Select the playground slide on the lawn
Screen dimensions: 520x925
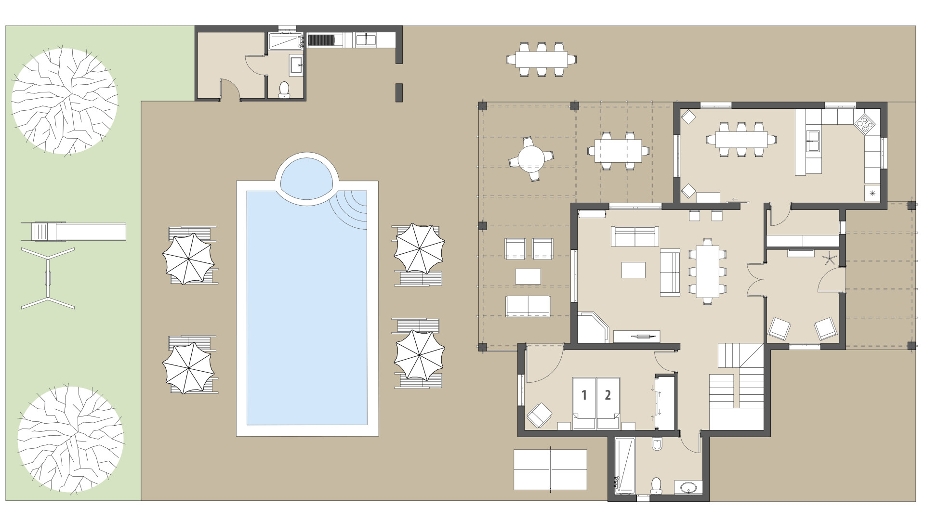[73, 232]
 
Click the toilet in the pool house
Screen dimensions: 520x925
[285, 89]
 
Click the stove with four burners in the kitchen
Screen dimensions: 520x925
[865, 123]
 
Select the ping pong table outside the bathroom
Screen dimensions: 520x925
[550, 469]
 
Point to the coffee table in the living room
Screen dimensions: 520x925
[634, 270]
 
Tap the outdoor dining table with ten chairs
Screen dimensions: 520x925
[542, 59]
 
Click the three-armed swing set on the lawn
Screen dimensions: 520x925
[48, 278]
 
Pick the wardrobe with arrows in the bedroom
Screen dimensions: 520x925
[665, 403]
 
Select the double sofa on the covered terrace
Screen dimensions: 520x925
[528, 306]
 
